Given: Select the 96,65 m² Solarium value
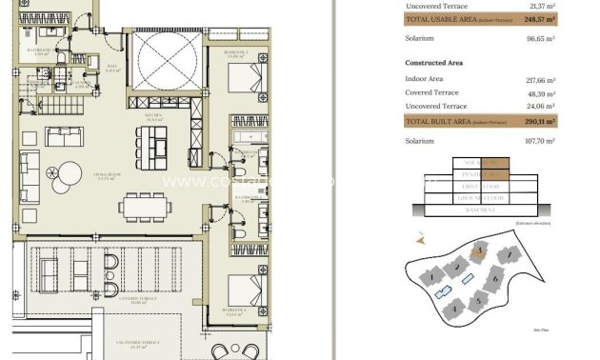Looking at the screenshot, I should coord(542,38).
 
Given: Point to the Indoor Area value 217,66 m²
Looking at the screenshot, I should coord(541,80).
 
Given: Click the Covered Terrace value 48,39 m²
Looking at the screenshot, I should coord(543,93).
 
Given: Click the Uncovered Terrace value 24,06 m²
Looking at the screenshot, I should coord(543,107).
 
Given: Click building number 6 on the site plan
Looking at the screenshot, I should coord(495,280).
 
